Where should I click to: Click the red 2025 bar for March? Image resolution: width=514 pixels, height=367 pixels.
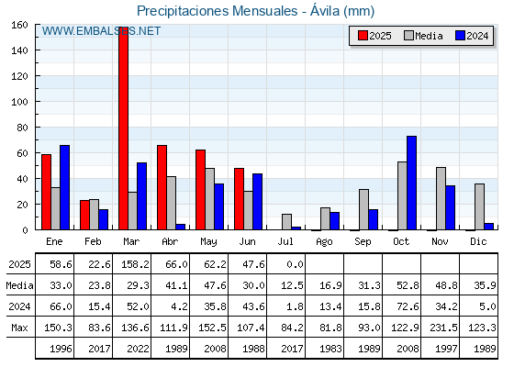click(x=124, y=128)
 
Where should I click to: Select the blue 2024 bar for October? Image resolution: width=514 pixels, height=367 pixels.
click(x=412, y=183)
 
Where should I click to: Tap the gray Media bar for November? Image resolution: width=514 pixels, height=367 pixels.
click(x=441, y=198)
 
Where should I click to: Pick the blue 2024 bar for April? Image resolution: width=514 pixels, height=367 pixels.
click(x=180, y=227)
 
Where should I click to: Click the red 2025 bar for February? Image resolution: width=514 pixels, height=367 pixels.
click(x=84, y=215)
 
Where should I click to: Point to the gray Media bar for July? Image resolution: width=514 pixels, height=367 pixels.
click(x=286, y=222)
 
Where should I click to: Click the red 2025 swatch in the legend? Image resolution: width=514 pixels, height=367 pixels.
click(x=363, y=36)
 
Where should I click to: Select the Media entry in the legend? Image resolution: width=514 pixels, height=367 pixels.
click(x=423, y=36)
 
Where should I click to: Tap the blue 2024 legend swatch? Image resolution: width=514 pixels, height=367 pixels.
click(x=460, y=36)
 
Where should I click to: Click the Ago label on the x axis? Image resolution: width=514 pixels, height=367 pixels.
click(x=324, y=242)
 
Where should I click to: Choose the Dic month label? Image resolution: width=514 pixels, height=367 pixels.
click(x=478, y=241)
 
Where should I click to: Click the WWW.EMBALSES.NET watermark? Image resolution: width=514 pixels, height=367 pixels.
click(x=101, y=31)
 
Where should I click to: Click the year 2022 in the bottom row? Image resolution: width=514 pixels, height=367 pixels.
click(x=138, y=349)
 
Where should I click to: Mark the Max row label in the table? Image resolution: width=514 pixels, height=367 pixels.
click(x=19, y=328)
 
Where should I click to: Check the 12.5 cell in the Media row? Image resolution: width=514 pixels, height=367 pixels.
click(x=292, y=285)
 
